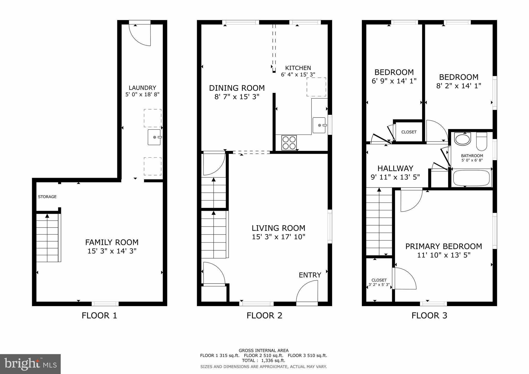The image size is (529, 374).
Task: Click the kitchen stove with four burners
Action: (289, 143)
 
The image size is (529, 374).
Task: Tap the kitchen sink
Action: (319, 125)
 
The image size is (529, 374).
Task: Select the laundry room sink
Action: (154, 137)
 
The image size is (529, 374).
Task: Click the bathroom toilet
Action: (481, 142)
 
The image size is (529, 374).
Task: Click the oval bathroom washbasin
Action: (463, 139)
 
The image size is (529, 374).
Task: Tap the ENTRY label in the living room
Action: (310, 275)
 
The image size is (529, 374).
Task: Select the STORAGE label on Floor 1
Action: (47, 197)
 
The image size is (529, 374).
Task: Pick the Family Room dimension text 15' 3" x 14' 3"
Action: (112, 251)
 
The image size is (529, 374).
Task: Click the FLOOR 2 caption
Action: (264, 315)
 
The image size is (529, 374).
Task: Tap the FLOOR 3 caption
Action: (429, 315)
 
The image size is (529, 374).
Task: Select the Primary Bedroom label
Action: (444, 246)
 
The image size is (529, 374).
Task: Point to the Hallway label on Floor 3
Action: (395, 168)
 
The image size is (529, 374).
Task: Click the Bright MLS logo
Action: (30, 364)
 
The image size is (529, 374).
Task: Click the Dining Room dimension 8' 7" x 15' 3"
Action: (237, 97)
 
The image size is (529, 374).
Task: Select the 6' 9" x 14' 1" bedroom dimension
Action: (394, 81)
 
